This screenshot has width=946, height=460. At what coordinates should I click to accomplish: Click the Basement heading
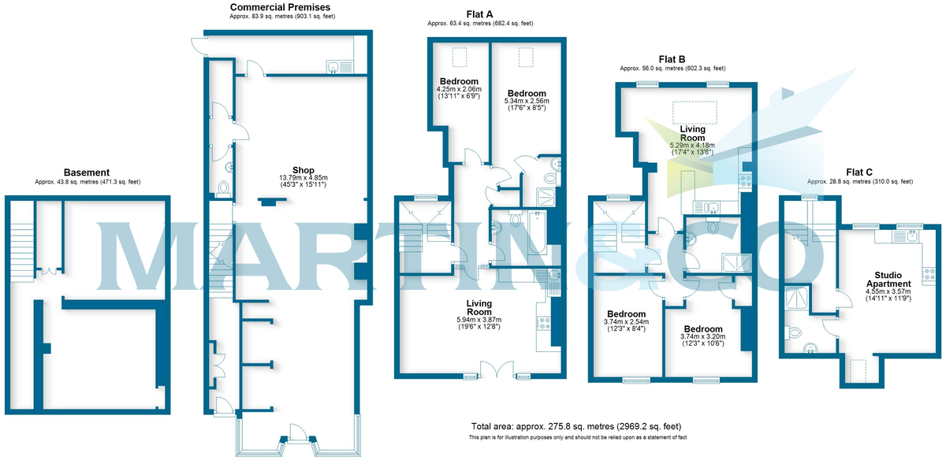pos(87,172)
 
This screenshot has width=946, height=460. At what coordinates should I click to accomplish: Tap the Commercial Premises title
pos(280,7)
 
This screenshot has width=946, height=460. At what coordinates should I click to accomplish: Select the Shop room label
pos(304,170)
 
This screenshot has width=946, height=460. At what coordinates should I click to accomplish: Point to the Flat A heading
pos(479,14)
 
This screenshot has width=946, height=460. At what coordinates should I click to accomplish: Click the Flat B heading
pos(672,60)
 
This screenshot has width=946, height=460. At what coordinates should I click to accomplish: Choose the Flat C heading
pos(859,172)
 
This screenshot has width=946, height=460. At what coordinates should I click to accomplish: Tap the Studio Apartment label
pos(888,280)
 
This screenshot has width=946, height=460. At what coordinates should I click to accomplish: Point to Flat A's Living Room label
pos(479,308)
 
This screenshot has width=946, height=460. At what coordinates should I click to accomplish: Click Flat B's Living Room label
pos(693,133)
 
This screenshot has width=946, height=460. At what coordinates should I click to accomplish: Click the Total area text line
pos(576,426)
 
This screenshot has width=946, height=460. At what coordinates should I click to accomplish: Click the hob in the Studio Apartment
pos(929,274)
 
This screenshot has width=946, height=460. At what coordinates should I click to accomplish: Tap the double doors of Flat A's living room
pos(497,369)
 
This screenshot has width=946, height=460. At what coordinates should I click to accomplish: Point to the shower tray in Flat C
pos(797,297)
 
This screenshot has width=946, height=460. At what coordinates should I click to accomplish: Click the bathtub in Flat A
pos(537,232)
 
